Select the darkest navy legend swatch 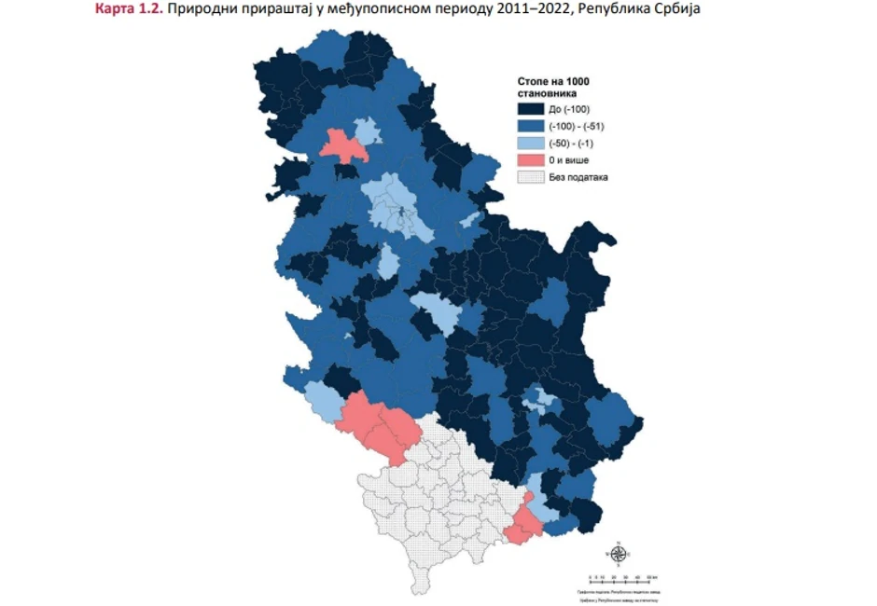tap(530, 109)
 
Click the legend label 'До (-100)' tap(568, 109)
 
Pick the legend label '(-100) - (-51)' tap(578, 126)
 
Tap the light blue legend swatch tap(530, 143)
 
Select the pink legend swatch tap(530, 159)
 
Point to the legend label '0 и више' tap(569, 159)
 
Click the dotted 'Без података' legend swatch tap(530, 176)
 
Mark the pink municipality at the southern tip tap(522, 528)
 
